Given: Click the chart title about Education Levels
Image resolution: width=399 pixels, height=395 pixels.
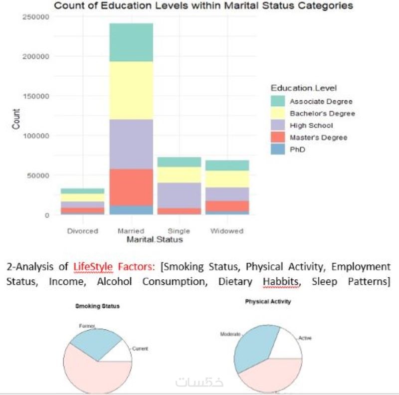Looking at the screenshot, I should pos(203,6).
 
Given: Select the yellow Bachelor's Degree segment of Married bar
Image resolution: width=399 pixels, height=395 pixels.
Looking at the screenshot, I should pos(131,90).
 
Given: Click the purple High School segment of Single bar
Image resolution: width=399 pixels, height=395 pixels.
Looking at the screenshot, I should pos(179,195).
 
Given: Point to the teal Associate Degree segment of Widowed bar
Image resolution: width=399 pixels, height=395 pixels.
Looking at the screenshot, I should pos(227,165).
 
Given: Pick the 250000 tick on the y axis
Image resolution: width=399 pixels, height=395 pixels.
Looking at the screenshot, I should pos(36,17).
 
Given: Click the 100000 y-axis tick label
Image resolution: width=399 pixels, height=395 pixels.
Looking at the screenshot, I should pos(36,136).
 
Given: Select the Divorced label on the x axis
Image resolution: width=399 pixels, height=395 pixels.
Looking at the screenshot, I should pos(83,231).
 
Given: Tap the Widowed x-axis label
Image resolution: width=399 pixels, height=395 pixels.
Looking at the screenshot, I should pos(227,231).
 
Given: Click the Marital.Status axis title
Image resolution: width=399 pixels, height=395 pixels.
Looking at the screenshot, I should pos(155,240).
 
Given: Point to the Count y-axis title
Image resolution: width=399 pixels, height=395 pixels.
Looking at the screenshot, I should pos(16,119).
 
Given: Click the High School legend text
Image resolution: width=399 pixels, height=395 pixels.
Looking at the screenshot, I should pos(311,125).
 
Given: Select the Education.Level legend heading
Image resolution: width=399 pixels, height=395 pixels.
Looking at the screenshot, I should pos(304,88).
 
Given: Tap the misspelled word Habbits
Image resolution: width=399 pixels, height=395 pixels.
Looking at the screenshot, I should pos(281,281).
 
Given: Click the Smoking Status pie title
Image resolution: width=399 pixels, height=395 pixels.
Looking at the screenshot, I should pos(97,306).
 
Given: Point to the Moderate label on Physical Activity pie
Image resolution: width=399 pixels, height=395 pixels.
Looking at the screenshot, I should pos(230,334).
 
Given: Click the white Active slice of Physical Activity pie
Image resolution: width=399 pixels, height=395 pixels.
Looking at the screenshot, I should pos(288,347).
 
